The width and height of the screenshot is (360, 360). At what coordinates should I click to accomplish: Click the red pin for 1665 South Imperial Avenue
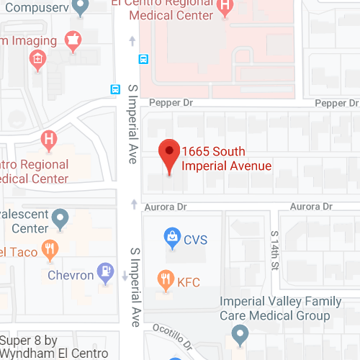tap(169, 153)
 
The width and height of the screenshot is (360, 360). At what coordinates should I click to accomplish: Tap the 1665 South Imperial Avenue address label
tap(226, 158)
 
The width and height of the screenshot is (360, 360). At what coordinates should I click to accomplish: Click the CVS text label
tap(195, 239)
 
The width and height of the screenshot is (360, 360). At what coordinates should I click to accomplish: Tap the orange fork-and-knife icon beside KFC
tap(166, 279)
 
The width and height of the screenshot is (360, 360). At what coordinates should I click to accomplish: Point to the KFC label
tap(188, 282)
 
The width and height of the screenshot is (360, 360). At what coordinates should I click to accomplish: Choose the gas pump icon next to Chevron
tap(106, 271)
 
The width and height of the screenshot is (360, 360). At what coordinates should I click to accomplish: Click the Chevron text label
tap(71, 275)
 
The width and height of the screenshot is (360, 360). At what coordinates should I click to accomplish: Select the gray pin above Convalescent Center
tap(61, 216)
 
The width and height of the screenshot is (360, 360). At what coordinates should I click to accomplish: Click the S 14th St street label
tap(274, 251)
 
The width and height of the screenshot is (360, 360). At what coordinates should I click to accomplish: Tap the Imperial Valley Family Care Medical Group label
tap(275, 308)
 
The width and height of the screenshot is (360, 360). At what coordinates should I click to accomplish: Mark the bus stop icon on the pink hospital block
tap(144, 59)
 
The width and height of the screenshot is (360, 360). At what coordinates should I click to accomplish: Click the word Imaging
tap(21, 40)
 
